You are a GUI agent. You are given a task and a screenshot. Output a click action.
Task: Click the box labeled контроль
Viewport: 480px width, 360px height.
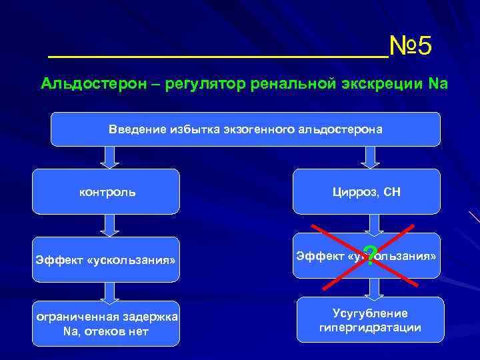pos(107,192)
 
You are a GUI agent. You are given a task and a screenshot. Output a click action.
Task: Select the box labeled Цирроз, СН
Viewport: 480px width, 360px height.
pos(367,192)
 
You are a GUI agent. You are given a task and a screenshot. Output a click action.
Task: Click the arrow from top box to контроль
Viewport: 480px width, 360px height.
pos(109,157)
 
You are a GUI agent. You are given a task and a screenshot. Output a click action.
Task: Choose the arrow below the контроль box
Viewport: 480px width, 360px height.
pos(109,225)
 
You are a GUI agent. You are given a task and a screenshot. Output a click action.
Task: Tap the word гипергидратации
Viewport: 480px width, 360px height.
pos(370,328)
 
